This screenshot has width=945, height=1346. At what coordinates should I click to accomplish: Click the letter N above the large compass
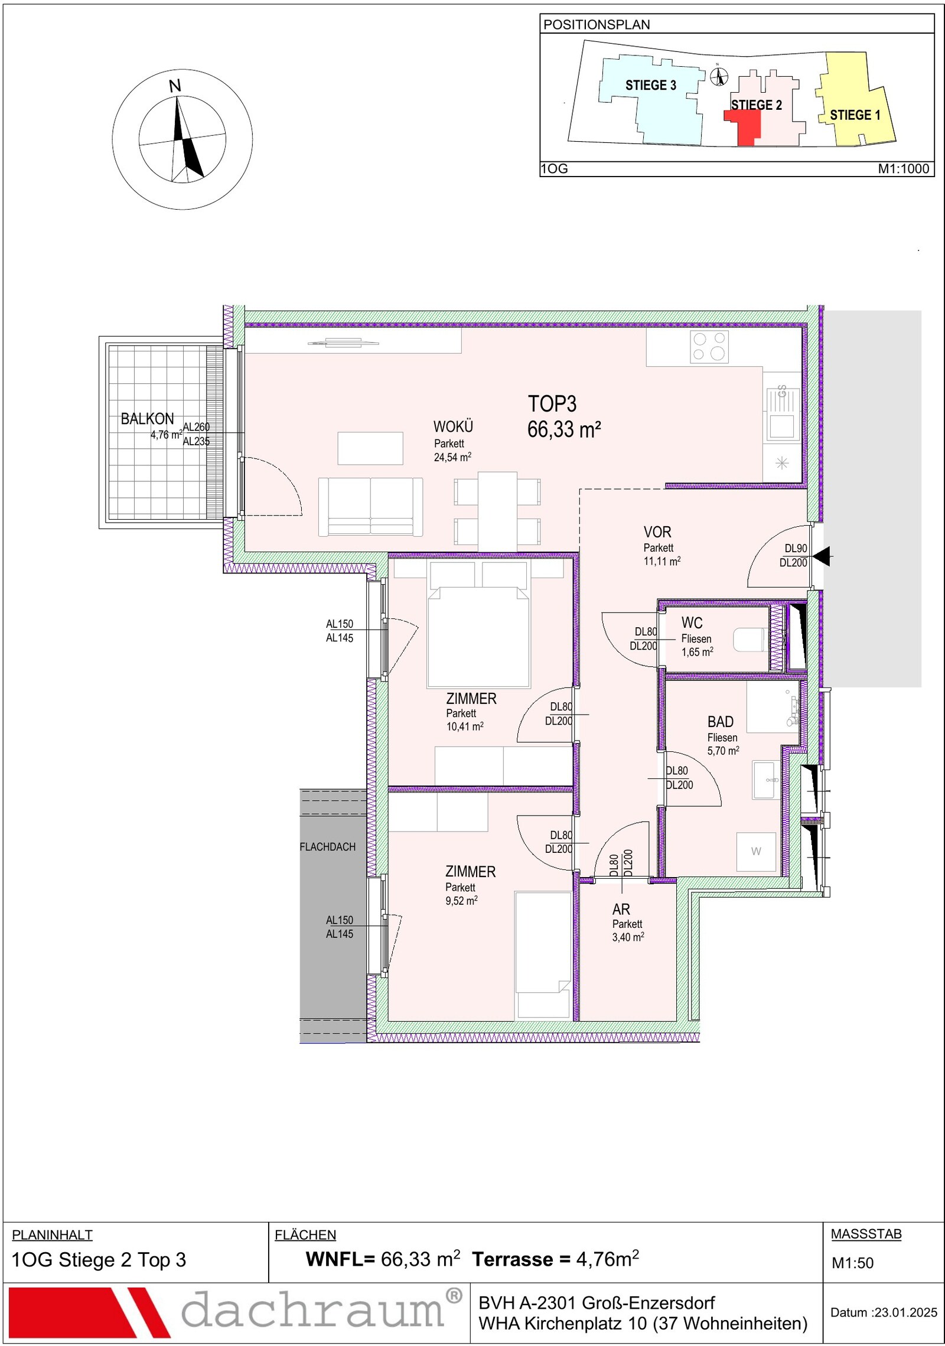coord(175,86)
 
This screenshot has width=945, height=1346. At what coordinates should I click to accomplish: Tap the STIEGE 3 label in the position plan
coord(650,85)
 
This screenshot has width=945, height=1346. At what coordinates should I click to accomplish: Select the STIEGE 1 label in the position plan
coord(855,115)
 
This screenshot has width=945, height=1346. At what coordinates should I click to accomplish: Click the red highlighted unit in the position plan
coord(744,126)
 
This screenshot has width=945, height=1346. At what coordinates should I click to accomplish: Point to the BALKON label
coord(147,419)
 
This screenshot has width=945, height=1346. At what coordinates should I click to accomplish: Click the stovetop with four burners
coord(709,346)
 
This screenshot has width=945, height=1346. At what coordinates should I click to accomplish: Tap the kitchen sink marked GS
coord(782,415)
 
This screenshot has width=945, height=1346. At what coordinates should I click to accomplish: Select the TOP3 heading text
coord(552,404)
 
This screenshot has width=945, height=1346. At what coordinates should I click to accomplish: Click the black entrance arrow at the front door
coord(822,556)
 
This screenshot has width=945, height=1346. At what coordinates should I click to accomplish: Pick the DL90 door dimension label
coord(796,548)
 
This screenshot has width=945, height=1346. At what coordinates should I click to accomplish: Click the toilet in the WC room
coord(751,640)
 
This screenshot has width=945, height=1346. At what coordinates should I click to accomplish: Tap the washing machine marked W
coord(756,851)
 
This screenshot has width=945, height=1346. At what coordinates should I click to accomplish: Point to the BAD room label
coord(721,722)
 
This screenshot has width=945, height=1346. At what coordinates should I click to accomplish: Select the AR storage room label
coord(621,909)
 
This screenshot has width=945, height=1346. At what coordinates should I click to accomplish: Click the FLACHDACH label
coord(328,846)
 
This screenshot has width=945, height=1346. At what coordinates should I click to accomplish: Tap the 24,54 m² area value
coord(452,457)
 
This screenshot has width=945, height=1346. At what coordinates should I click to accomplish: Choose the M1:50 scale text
coord(852,1263)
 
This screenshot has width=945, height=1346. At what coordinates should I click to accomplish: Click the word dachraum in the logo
coord(313,1309)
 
